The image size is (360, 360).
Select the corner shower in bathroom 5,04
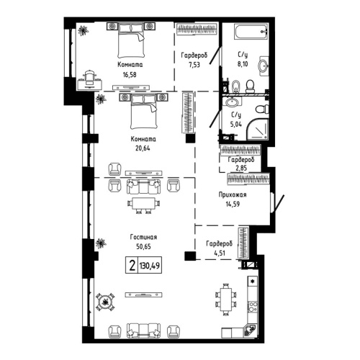[x=256, y=130]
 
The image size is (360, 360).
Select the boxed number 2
[x=132, y=265]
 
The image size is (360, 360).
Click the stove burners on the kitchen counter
[x=253, y=280]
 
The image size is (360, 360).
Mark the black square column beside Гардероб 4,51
[x=189, y=256]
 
